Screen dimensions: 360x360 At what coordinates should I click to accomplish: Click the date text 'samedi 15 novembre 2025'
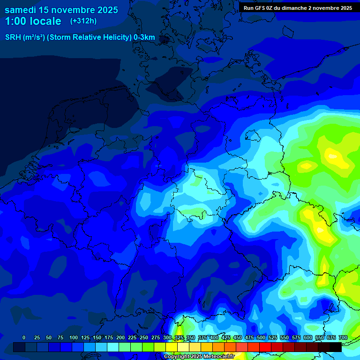(x=61, y=10)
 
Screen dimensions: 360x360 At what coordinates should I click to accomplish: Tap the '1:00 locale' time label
(x=33, y=21)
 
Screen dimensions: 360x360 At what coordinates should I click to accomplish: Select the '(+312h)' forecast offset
(x=83, y=21)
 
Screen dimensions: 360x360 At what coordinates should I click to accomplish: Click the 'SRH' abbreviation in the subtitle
(x=13, y=37)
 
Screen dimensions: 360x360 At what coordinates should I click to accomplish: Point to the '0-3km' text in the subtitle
(x=144, y=37)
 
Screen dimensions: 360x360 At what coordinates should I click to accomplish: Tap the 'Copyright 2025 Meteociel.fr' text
(x=199, y=357)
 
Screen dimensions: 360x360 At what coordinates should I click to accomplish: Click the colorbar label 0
(x=24, y=337)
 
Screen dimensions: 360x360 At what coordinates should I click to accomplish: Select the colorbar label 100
(x=74, y=337)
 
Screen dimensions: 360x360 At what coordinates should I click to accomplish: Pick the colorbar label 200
(x=120, y=337)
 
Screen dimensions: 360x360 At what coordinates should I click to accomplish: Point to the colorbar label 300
(x=167, y=337)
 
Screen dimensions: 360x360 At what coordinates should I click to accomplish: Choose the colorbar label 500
(x=261, y=337)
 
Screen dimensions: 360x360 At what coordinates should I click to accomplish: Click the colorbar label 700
(x=343, y=337)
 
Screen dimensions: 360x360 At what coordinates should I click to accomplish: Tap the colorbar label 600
(x=308, y=337)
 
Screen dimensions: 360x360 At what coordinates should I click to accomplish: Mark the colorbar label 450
(x=238, y=337)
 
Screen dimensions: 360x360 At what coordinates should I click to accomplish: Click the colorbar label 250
(x=144, y=337)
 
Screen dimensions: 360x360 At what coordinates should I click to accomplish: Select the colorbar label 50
(x=49, y=337)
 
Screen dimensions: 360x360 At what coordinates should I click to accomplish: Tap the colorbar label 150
(x=97, y=337)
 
